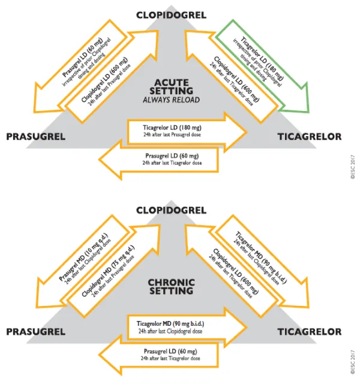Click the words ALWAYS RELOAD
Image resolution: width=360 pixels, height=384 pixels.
point(172,99)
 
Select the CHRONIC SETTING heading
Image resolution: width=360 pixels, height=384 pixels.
point(172,286)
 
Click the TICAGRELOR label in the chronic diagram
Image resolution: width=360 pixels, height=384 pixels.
point(309,332)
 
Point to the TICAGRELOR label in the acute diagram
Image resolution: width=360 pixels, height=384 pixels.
point(309,137)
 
